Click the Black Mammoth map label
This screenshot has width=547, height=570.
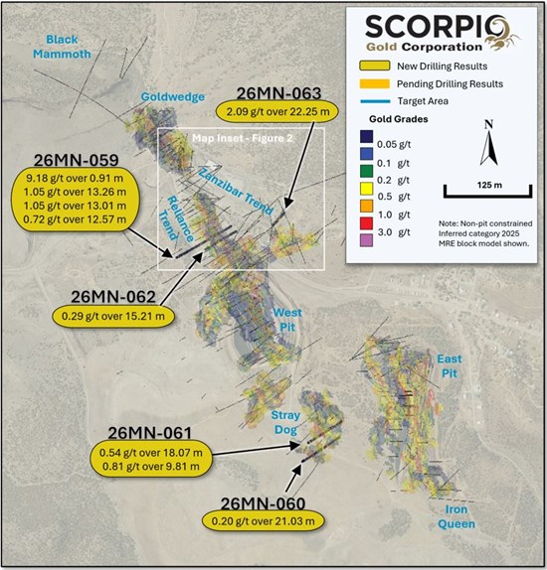coord(68,46)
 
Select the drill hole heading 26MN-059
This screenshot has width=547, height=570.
coord(77,161)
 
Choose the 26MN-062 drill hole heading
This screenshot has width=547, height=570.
coord(111,297)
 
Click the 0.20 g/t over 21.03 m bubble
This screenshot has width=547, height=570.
coord(256,520)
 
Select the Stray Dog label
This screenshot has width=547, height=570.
coord(286,422)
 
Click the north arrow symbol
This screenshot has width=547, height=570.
coord(487,145)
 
